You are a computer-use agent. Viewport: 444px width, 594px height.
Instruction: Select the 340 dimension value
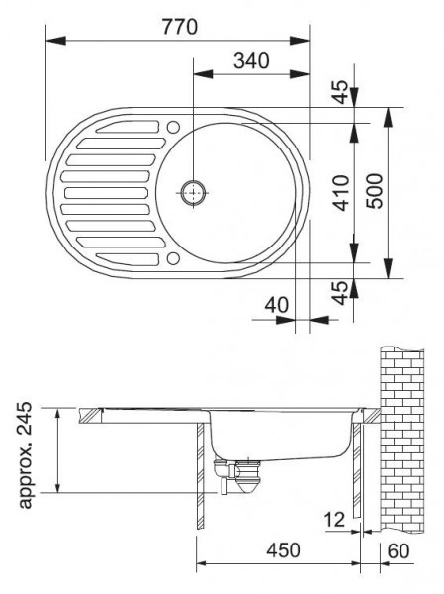tap(251, 60)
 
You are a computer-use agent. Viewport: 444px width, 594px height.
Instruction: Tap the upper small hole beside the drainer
tap(173, 127)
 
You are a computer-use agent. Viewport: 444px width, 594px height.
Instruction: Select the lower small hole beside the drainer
tap(173, 258)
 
